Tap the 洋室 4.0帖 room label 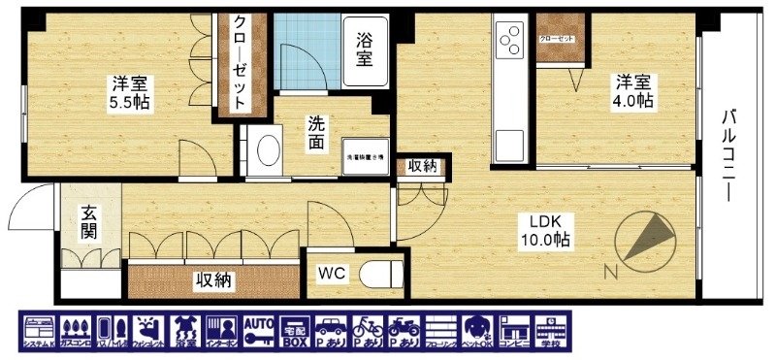[630, 91]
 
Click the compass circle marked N [646, 238]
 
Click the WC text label [332, 275]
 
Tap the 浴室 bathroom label [365, 51]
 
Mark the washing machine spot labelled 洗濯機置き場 [365, 155]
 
